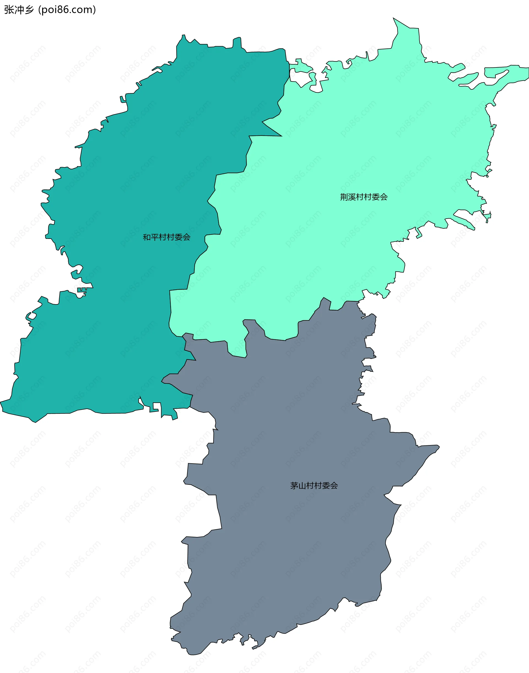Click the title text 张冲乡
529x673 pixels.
tap(18, 10)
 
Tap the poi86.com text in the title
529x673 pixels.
tap(67, 10)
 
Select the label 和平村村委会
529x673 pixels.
tap(166, 237)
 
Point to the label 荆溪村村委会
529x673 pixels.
tap(364, 197)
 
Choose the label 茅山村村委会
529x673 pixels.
tap(314, 486)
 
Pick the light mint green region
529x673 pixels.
tap(341, 139)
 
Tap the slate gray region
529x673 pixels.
tap(294, 557)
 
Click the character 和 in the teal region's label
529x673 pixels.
tap(147, 237)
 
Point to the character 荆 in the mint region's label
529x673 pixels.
tap(344, 197)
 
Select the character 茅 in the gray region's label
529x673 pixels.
tap(294, 486)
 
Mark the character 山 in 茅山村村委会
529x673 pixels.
tap(302, 486)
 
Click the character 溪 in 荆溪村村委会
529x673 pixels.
tap(352, 197)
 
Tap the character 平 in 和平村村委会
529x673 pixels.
tap(155, 237)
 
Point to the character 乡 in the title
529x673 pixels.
tap(29, 10)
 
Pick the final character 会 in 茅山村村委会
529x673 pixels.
tap(334, 486)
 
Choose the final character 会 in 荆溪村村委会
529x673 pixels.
tap(384, 197)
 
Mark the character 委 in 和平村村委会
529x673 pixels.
tap(178, 237)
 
